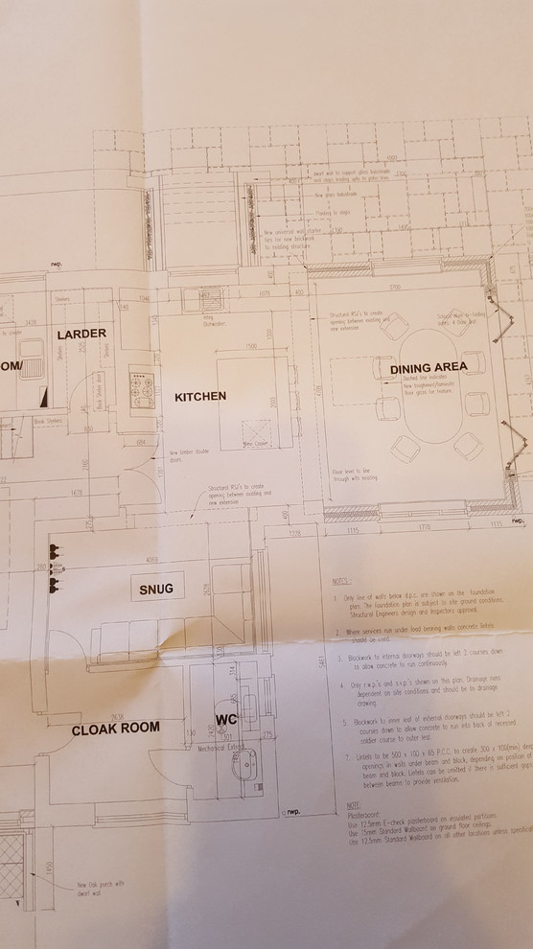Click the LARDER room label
coord(81,335)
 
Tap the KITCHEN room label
coord(199,395)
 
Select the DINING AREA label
coord(429,367)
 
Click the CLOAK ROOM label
coord(116,729)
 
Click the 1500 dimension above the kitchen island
coord(252,346)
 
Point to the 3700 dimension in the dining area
coord(394,287)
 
